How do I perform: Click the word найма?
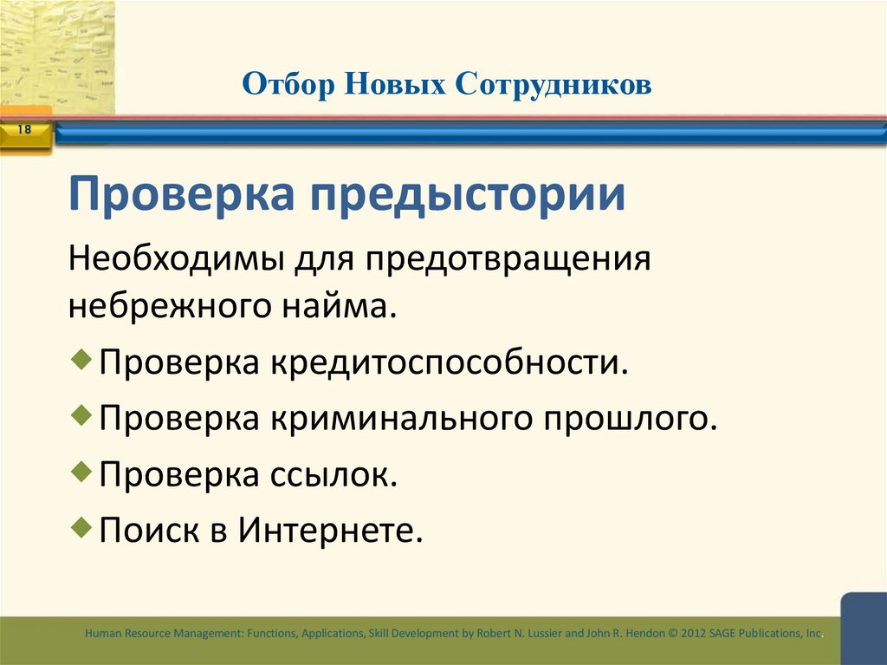point(351,306)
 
